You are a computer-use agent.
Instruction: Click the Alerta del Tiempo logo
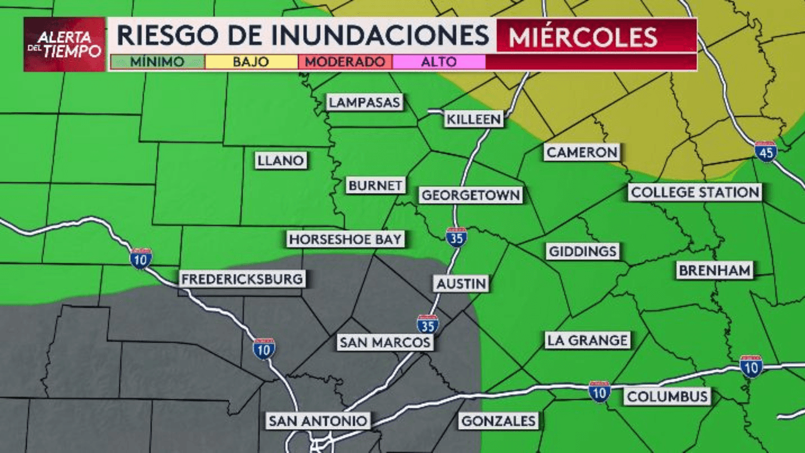65,44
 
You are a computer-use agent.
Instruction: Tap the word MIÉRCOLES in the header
583,37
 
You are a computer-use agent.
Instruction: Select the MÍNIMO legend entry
157,62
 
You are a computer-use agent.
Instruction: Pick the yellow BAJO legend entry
251,62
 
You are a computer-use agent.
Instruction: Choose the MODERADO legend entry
345,62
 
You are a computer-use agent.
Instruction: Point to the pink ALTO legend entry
438,62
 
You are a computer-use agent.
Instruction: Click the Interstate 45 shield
765,151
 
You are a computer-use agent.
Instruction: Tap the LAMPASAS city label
365,103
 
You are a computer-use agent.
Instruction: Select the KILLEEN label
474,119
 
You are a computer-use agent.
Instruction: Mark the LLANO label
280,160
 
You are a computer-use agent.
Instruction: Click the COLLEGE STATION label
695,193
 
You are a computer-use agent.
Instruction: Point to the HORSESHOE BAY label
345,239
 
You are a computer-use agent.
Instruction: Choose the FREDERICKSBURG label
242,279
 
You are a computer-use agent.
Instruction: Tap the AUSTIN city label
462,284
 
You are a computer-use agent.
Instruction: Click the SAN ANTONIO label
318,420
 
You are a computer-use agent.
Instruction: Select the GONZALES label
498,421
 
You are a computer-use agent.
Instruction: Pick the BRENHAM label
714,271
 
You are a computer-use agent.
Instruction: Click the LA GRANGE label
587,340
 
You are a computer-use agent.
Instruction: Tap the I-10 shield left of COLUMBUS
599,391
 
